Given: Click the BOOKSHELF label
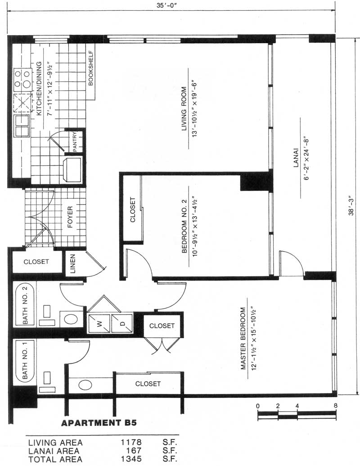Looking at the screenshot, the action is (x=91, y=68).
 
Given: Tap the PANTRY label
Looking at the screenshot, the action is (x=75, y=142).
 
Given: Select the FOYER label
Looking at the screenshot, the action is (x=70, y=217).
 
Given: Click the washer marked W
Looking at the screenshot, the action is (x=99, y=323).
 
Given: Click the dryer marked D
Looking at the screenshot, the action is (x=122, y=323).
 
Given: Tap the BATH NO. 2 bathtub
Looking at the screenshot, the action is (x=25, y=305).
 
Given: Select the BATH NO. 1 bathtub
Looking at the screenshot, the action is (x=25, y=361).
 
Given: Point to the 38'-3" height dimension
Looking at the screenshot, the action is (x=351, y=205).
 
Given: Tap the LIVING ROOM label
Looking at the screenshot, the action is (x=184, y=109).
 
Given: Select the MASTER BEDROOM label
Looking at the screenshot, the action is (x=243, y=338).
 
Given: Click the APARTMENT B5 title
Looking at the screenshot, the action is (x=99, y=423).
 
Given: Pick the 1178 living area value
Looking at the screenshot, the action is (x=131, y=443).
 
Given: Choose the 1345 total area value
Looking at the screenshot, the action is (x=131, y=459).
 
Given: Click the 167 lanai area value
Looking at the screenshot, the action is (x=134, y=451).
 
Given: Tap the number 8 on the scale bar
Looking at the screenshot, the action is (x=335, y=406).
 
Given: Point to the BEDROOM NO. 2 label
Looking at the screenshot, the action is (x=184, y=226).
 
